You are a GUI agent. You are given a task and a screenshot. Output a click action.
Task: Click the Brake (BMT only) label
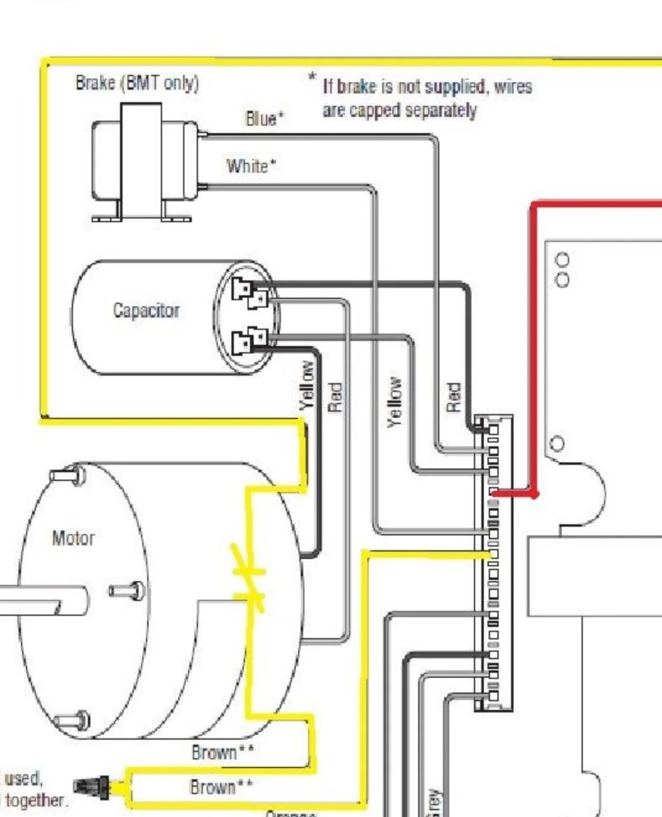(x=137, y=83)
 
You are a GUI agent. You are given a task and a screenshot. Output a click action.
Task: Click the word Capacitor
(x=146, y=310)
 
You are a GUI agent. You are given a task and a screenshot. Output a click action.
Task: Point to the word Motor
(x=73, y=538)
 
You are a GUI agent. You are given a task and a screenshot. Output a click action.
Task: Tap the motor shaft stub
(x=37, y=600)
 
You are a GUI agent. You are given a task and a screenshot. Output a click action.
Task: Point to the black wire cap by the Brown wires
(x=92, y=787)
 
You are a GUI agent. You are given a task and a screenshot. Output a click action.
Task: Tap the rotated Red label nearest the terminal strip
(x=454, y=397)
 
